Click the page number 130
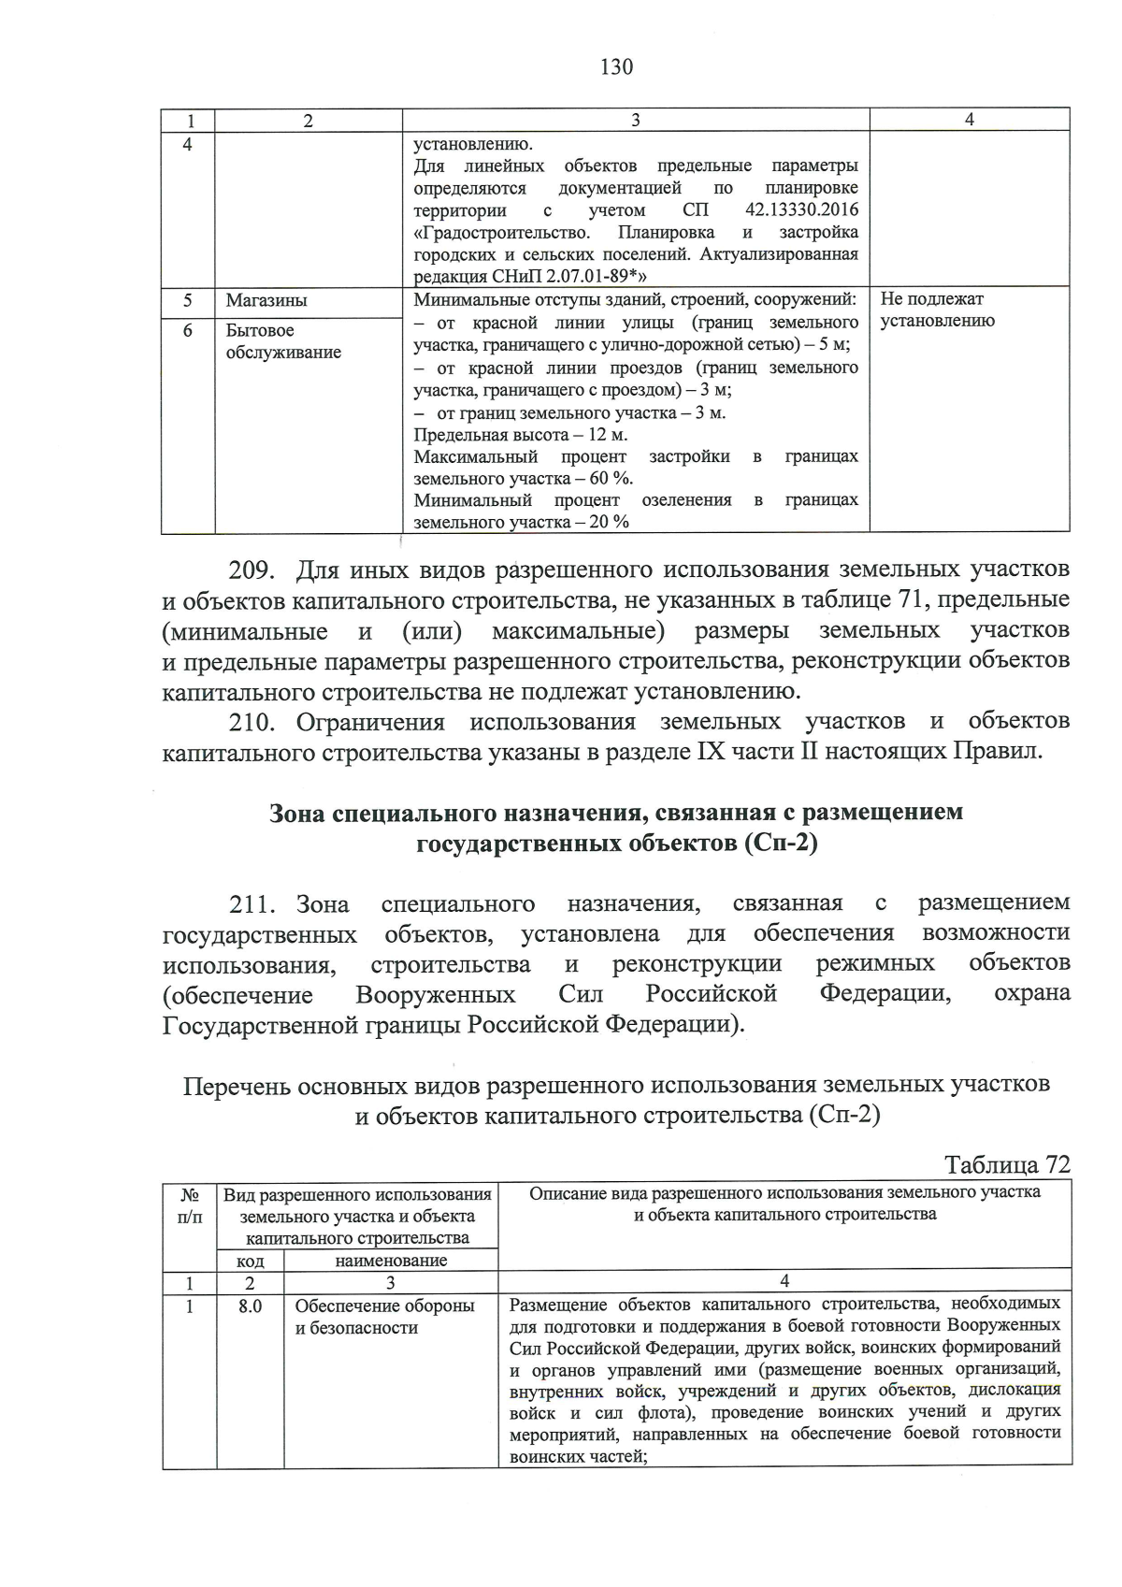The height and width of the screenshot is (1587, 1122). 616,66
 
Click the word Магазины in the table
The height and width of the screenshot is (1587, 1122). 266,301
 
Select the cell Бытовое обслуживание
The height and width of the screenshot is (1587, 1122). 283,341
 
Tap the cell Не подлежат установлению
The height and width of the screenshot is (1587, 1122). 937,310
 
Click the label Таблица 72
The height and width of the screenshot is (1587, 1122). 1007,1164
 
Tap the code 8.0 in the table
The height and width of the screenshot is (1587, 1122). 250,1306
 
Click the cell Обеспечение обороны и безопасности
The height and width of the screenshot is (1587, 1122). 384,1317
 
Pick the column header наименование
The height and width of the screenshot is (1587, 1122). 390,1260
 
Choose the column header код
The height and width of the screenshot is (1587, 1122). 249,1260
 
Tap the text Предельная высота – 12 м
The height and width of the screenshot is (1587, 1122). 521,435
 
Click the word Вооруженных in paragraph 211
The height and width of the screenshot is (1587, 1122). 435,993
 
